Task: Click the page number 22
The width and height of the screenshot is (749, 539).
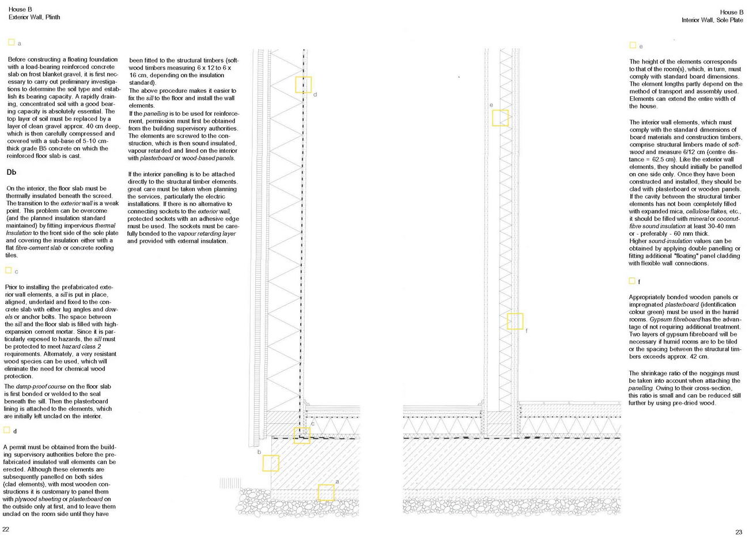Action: click(x=6, y=529)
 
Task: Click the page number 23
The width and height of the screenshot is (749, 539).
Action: click(x=739, y=532)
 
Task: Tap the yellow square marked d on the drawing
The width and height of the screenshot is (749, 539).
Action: click(x=303, y=84)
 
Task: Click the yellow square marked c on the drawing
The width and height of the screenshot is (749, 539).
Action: click(x=301, y=435)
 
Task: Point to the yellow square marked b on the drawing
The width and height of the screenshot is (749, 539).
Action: click(x=270, y=463)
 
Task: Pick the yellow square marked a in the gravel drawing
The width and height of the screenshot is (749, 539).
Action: click(x=326, y=492)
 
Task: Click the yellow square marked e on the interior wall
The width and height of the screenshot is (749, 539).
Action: click(x=500, y=118)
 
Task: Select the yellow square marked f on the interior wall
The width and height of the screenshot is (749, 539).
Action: click(x=515, y=321)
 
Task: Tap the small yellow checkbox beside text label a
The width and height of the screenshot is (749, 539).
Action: click(x=11, y=42)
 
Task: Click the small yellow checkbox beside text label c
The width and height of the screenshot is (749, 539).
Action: click(x=8, y=270)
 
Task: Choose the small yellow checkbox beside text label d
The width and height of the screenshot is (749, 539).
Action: click(x=6, y=430)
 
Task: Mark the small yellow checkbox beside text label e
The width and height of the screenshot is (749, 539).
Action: click(x=633, y=45)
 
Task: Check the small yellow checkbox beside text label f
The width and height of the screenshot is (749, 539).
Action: click(x=632, y=281)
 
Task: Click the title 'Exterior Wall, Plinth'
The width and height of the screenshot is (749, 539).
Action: click(x=35, y=17)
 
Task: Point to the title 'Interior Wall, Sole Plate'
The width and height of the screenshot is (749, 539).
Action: click(x=712, y=20)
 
